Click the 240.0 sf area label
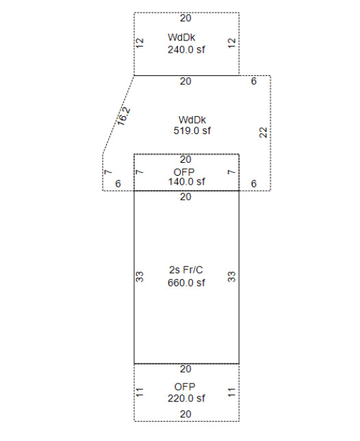pyautogui.click(x=186, y=50)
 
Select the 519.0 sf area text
pyautogui.click(x=192, y=131)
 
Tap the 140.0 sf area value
pyautogui.click(x=186, y=182)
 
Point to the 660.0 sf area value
pyautogui.click(x=186, y=282)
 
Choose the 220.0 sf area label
pyautogui.click(x=186, y=399)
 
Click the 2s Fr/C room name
pyautogui.click(x=185, y=270)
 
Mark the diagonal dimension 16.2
pyautogui.click(x=124, y=116)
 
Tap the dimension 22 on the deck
pyautogui.click(x=263, y=133)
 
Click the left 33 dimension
pyautogui.click(x=140, y=277)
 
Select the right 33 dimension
pyautogui.click(x=231, y=277)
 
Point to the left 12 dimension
pyautogui.click(x=140, y=43)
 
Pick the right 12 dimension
pyautogui.click(x=231, y=43)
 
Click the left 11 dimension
pyautogui.click(x=140, y=392)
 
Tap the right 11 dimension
pyautogui.click(x=231, y=392)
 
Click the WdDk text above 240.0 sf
pyautogui.click(x=181, y=38)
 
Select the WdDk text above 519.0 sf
pyautogui.click(x=192, y=120)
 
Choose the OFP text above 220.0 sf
pyautogui.click(x=185, y=387)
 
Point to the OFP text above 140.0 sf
pyautogui.click(x=184, y=172)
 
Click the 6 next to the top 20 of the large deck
pyautogui.click(x=254, y=81)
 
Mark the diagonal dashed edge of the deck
pyautogui.click(x=118, y=115)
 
